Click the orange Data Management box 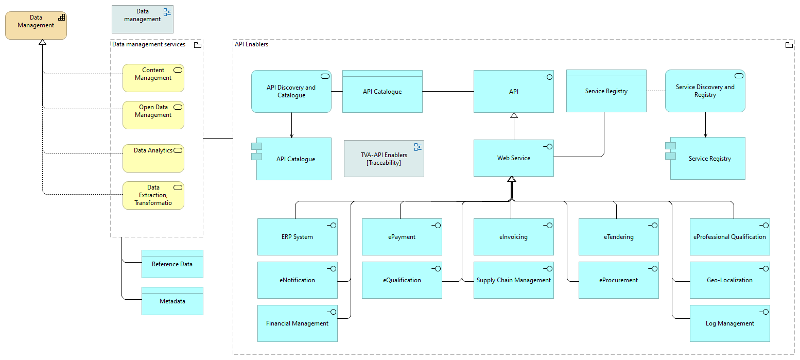click(36, 26)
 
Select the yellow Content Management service click(153, 78)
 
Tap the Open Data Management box click(153, 115)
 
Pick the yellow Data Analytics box click(153, 158)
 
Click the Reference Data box click(172, 264)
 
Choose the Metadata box click(172, 301)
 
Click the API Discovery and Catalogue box click(291, 91)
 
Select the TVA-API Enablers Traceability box click(384, 159)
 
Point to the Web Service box click(513, 158)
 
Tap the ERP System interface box click(297, 237)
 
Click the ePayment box click(402, 237)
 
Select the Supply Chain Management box click(513, 280)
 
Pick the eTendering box click(618, 237)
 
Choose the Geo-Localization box click(729, 280)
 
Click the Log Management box click(729, 323)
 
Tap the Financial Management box click(297, 323)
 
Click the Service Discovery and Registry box click(705, 91)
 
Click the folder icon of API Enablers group click(789, 45)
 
